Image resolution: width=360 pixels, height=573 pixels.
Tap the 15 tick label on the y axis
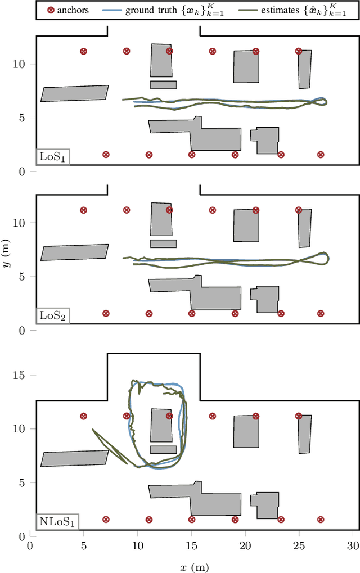pyautogui.click(x=19, y=375)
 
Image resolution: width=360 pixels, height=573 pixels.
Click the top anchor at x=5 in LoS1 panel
pyautogui.click(x=84, y=51)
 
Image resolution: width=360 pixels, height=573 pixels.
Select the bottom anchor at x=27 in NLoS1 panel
pyautogui.click(x=321, y=520)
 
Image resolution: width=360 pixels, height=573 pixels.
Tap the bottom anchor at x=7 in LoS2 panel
pyautogui.click(x=105, y=314)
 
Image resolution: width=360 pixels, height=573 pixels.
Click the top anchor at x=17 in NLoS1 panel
pyautogui.click(x=213, y=417)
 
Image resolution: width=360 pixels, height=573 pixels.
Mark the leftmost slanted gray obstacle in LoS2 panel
pyautogui.click(x=74, y=252)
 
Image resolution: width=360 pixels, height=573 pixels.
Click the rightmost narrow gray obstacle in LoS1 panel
pyautogui.click(x=304, y=69)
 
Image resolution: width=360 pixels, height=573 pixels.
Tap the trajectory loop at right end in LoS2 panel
pyautogui.click(x=322, y=258)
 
